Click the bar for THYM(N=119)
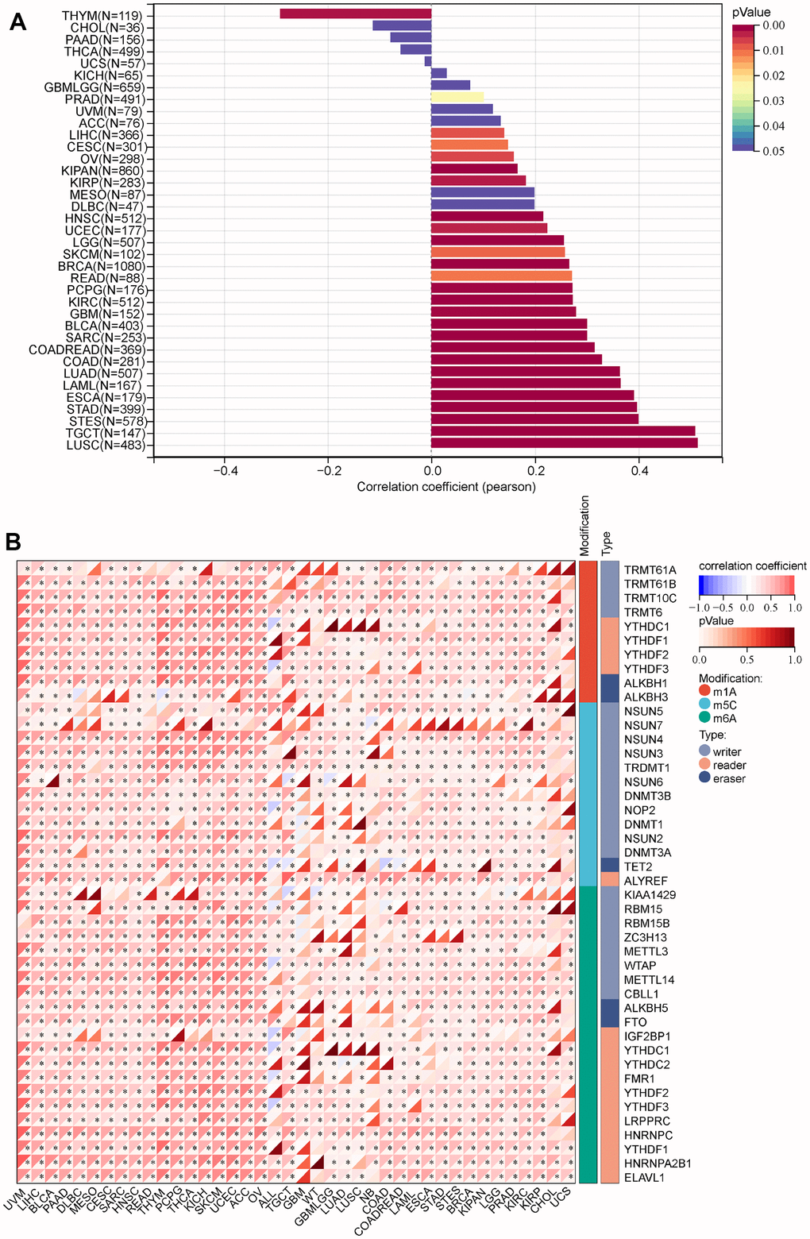click(x=355, y=14)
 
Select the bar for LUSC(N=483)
click(x=564, y=443)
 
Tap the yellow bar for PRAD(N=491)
click(x=457, y=97)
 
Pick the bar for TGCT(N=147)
click(x=562, y=431)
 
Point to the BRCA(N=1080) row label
click(x=102, y=266)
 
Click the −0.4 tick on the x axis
click(x=225, y=471)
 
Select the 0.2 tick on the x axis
click(x=535, y=471)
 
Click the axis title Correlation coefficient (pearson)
click(x=446, y=487)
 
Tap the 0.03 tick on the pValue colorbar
click(x=773, y=101)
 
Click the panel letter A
click(x=17, y=22)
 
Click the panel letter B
click(x=13, y=542)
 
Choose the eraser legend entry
click(x=729, y=778)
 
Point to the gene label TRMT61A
click(x=650, y=570)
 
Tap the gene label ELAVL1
click(x=644, y=1178)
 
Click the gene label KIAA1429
click(x=650, y=895)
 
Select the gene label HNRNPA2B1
click(x=658, y=1164)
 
